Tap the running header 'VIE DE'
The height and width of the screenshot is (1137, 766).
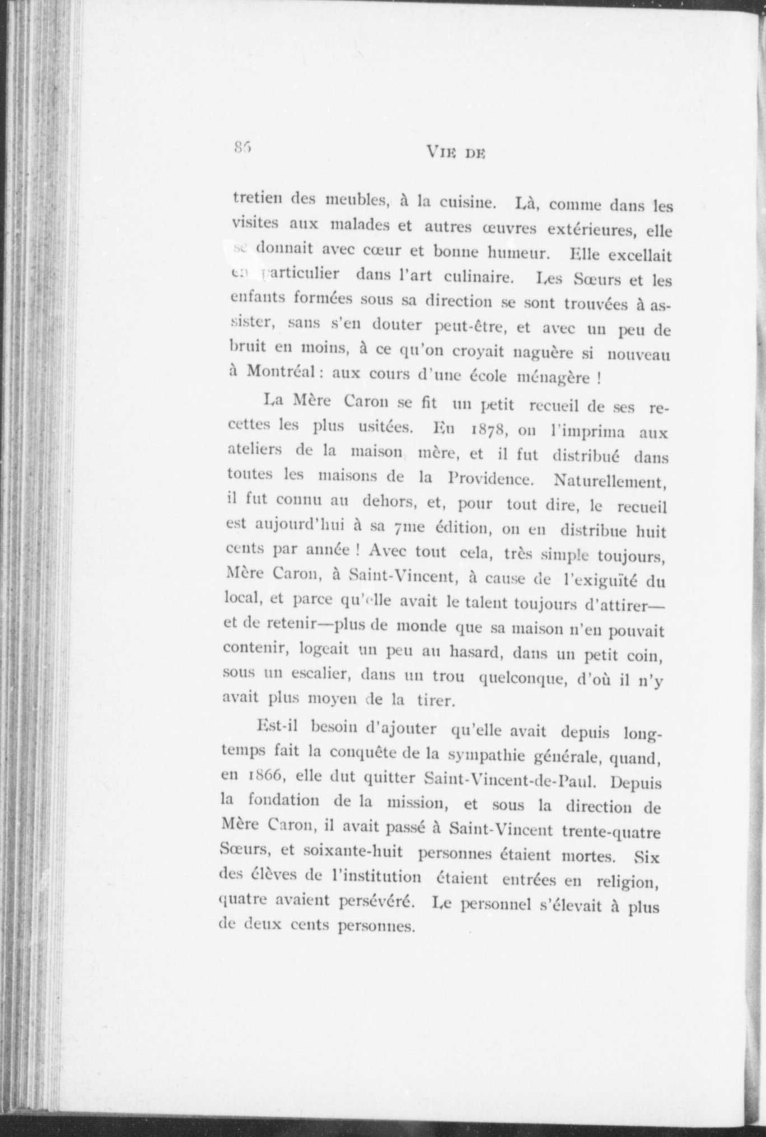455,152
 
